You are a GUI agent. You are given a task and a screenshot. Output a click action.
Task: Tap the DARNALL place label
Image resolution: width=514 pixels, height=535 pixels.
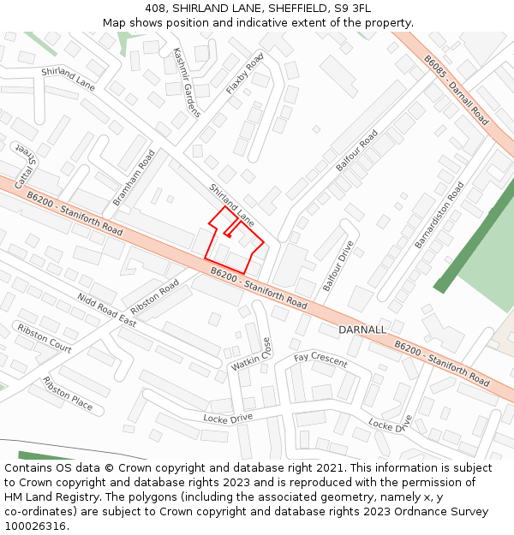[362, 330]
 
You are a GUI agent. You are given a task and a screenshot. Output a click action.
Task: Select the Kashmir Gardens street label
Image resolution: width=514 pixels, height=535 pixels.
[186, 82]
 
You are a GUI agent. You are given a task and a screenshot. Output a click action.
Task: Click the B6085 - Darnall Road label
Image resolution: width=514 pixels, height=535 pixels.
[456, 90]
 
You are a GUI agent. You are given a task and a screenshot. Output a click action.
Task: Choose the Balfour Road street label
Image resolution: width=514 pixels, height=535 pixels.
[357, 151]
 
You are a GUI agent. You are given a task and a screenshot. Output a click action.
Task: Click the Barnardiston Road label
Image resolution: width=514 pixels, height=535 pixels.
[439, 215]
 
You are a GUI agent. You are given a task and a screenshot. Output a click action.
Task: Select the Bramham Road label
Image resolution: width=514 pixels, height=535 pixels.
[134, 178]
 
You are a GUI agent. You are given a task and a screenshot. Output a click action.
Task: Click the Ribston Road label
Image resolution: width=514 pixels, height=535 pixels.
[155, 295]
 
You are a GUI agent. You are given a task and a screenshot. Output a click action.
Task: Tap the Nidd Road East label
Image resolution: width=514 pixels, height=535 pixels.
[106, 310]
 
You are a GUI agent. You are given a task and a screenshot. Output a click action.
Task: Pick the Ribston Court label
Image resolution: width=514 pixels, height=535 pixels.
[45, 339]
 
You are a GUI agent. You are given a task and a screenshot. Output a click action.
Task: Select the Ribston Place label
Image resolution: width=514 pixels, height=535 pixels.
[68, 393]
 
